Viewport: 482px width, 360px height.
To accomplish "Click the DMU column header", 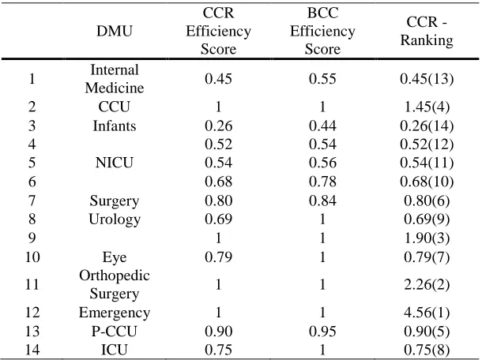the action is (115, 31).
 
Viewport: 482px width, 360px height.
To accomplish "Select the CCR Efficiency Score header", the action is (218, 31).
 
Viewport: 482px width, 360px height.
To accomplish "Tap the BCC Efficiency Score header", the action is (322, 31).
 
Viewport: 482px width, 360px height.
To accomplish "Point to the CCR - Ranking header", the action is (427, 31).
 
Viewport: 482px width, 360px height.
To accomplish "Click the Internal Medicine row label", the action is (115, 79).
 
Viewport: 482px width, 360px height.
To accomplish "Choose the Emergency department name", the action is (115, 313).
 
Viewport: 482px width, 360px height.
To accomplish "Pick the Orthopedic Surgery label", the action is (115, 284).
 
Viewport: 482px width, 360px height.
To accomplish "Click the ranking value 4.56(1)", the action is (427, 313).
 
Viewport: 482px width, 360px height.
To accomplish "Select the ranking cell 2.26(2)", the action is (427, 284).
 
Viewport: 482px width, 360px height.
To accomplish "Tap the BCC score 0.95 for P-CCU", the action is (322, 332).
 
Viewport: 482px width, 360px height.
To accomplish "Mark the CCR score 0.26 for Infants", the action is (218, 126).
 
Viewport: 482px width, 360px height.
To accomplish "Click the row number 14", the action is (32, 351).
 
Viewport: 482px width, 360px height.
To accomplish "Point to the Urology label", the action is (115, 219).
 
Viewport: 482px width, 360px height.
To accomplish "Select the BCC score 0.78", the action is (322, 182).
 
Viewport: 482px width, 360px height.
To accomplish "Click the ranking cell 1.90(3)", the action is (427, 238).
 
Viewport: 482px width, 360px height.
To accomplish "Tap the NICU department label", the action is (115, 163).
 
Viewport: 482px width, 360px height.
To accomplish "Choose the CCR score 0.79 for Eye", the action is (218, 257).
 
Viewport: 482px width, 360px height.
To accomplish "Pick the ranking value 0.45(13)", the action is (427, 79).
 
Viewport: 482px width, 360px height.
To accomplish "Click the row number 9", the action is (32, 238).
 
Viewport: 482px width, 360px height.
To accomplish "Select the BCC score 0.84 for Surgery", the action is (322, 201).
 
